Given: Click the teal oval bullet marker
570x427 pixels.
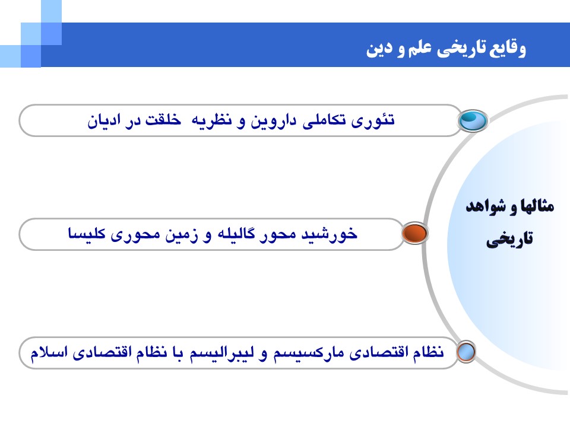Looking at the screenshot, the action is click(x=473, y=120).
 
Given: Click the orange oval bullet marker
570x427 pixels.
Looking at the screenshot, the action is click(x=415, y=233).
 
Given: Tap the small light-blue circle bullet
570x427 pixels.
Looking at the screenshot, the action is click(x=466, y=352).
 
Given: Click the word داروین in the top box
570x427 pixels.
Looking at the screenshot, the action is click(x=273, y=120).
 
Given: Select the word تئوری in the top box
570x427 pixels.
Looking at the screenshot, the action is click(x=373, y=120).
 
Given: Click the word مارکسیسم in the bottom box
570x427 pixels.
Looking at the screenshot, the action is click(x=308, y=353).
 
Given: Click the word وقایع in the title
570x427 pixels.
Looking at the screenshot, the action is click(x=508, y=48).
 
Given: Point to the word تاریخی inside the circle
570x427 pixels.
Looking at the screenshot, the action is click(x=509, y=240).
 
